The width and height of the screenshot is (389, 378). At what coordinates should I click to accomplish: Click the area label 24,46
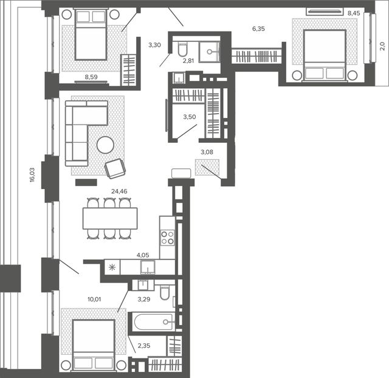[x=119, y=191]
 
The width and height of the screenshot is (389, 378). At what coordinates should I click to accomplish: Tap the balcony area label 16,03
[x=32, y=175]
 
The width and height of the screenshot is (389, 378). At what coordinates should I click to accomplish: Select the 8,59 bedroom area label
[x=91, y=77]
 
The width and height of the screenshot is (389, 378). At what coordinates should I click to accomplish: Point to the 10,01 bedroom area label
[x=94, y=299]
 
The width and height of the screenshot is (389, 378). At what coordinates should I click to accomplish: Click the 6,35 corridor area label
[x=258, y=29]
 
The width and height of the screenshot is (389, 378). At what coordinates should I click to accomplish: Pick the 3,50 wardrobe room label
[x=190, y=117]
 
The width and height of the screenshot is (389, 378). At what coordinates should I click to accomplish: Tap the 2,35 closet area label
[x=144, y=346]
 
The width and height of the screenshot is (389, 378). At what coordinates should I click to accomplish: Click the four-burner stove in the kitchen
[x=168, y=238]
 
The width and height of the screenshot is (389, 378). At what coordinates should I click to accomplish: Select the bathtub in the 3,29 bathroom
[x=154, y=322]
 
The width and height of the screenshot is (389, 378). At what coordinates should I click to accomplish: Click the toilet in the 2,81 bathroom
[x=183, y=49]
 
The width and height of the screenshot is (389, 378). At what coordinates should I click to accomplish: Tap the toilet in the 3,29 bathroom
[x=165, y=292]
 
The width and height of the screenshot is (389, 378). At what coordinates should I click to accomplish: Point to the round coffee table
[x=105, y=145]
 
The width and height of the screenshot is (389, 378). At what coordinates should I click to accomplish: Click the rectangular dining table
[x=110, y=218]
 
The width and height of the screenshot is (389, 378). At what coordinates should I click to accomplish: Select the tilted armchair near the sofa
[x=115, y=169]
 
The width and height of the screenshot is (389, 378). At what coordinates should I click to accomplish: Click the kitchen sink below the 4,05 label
[x=148, y=267]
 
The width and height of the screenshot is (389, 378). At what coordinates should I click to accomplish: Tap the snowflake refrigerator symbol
[x=112, y=267]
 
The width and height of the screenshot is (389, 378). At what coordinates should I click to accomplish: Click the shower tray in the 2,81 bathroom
[x=209, y=52]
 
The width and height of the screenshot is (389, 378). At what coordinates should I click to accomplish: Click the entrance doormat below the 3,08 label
[x=207, y=167]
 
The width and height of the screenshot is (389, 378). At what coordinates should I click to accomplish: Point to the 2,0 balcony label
[x=382, y=46]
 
